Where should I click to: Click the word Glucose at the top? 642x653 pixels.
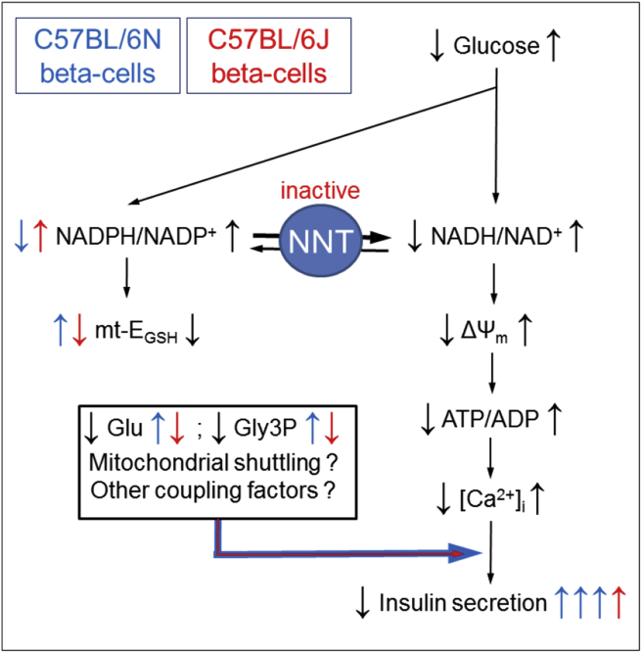[494, 44]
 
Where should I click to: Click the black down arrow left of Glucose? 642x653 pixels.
[436, 45]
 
